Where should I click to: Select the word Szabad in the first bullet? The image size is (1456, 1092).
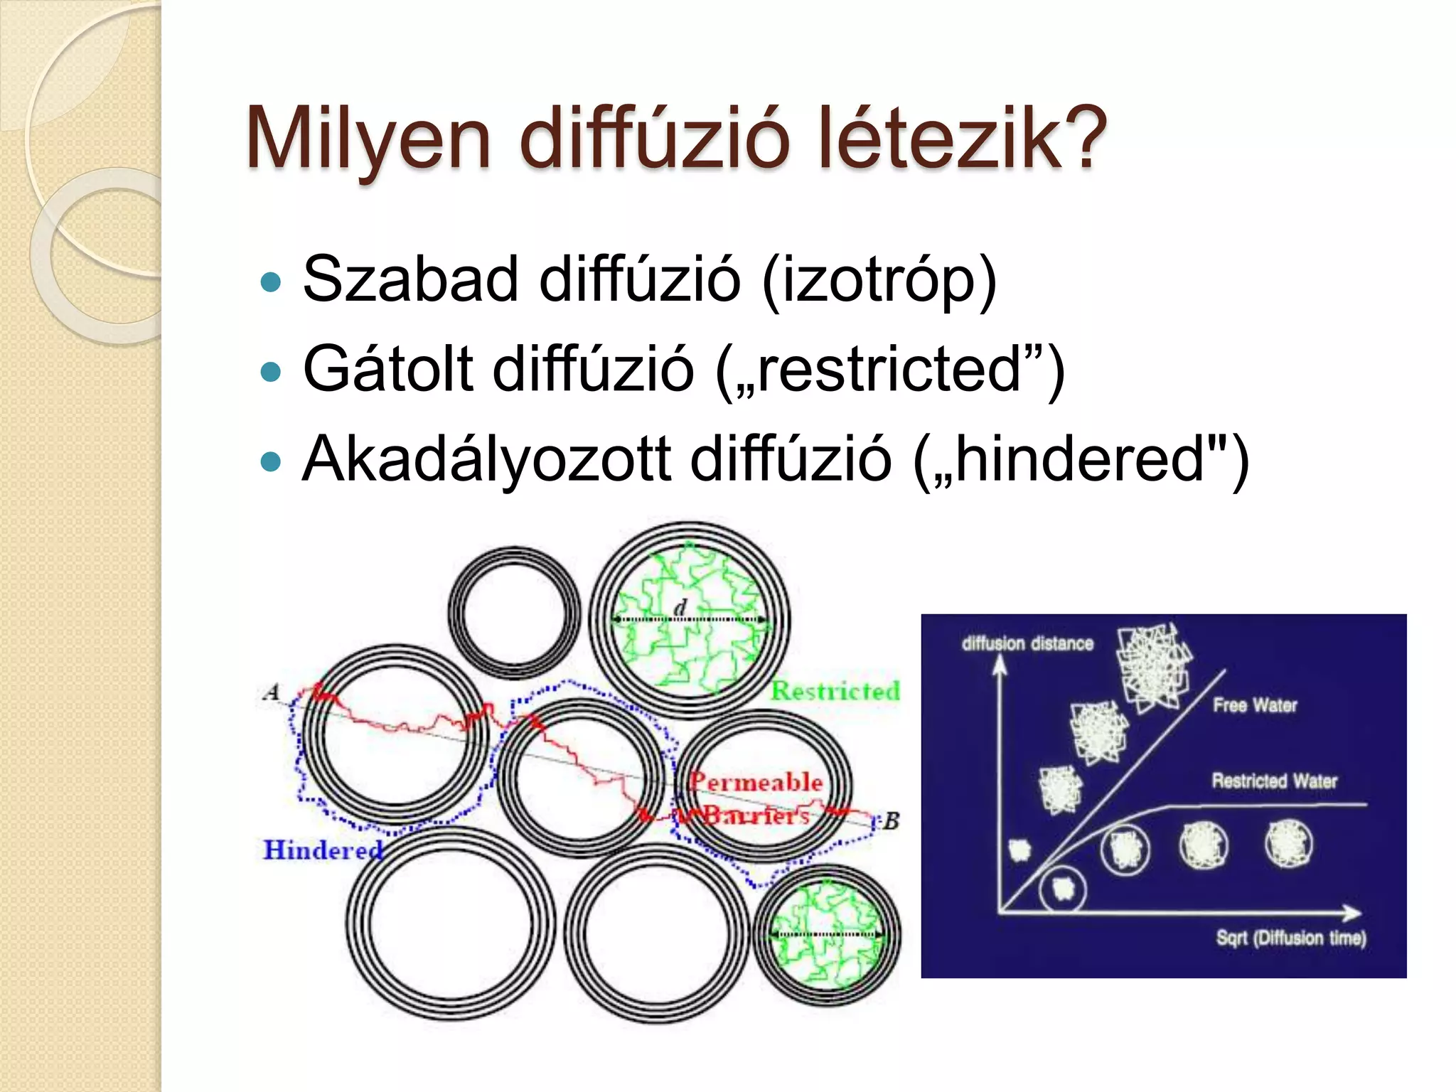click(410, 278)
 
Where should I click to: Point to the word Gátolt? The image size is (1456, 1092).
click(387, 368)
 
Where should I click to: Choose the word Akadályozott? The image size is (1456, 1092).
click(486, 459)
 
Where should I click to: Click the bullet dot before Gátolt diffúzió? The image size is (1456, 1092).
click(271, 371)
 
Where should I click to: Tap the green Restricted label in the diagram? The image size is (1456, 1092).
click(835, 690)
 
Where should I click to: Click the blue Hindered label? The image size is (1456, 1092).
click(322, 850)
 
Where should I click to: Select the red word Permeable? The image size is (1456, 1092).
click(756, 782)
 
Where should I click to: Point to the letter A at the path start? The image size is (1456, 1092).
click(272, 692)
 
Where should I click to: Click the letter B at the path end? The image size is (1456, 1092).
click(891, 821)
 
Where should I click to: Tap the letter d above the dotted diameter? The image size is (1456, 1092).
click(680, 607)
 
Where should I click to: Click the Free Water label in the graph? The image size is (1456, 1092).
click(1255, 705)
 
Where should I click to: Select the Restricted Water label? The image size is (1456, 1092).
click(1274, 781)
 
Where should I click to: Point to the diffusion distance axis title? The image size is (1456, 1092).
click(1027, 643)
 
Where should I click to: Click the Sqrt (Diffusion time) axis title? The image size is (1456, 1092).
click(1291, 938)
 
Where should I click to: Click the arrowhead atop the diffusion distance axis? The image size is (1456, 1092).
click(1000, 664)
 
